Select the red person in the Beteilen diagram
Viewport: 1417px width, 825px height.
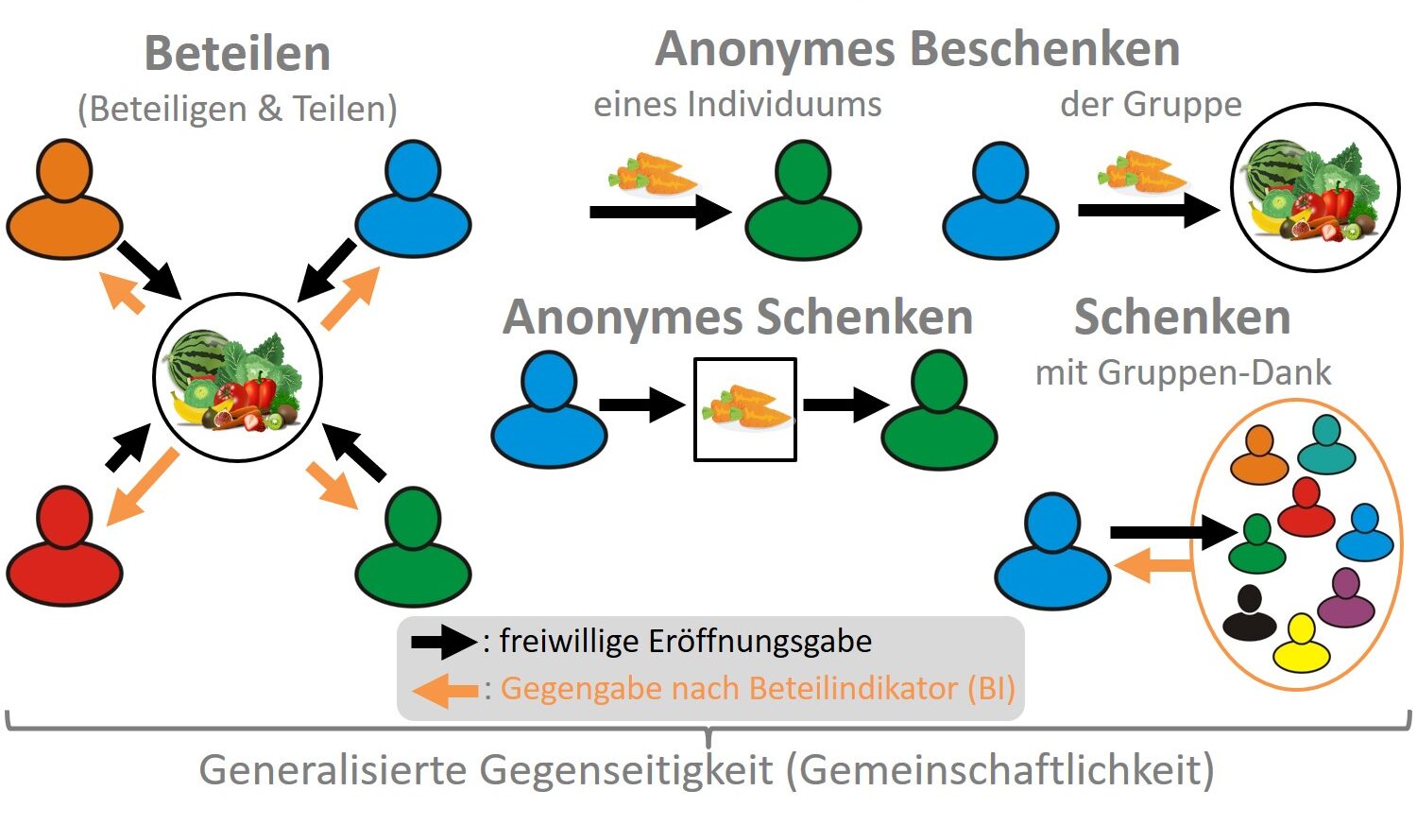64,548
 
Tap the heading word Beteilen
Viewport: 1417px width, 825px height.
237,53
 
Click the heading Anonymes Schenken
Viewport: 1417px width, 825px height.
738,317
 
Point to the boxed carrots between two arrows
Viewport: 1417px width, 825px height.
745,409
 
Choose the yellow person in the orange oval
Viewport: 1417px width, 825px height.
1301,645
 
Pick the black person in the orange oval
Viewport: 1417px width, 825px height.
1249,614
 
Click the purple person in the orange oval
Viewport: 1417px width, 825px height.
1345,599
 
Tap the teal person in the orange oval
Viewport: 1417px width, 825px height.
1326,446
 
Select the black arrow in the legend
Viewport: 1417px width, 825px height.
444,643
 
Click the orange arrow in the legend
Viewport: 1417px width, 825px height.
446,690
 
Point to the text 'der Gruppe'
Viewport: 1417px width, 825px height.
1151,104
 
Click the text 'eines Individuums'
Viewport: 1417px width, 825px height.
737,104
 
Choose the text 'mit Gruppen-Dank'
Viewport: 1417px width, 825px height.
1183,373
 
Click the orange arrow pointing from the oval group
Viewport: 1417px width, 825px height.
1152,567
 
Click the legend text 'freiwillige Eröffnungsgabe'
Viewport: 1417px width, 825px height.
686,642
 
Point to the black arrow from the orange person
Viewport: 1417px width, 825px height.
149,269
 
